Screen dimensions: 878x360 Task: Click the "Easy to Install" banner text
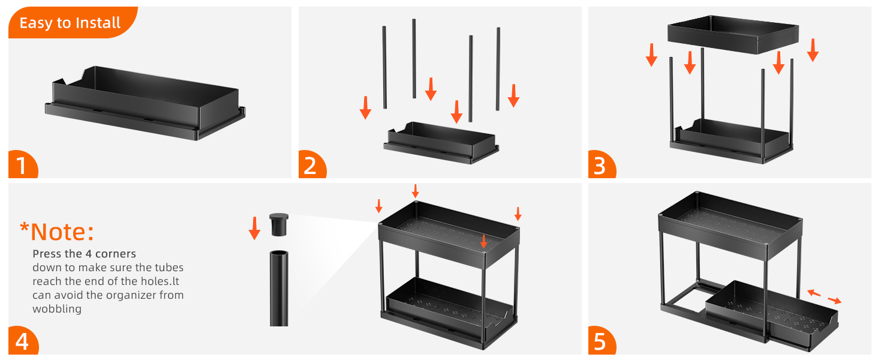(70, 23)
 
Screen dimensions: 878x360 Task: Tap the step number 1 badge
(23, 165)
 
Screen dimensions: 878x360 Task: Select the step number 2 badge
(312, 165)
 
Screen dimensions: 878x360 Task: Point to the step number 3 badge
(602, 165)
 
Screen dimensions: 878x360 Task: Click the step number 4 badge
(23, 340)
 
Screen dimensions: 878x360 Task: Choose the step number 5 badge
(602, 340)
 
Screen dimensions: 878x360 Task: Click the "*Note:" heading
(57, 232)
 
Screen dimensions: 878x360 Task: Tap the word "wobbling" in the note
(57, 309)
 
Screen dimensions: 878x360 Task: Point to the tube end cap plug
(279, 224)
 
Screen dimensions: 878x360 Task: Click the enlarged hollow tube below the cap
(279, 288)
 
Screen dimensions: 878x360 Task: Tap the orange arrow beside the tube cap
(254, 228)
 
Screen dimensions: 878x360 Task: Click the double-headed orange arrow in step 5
(824, 297)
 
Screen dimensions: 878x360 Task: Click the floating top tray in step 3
(733, 35)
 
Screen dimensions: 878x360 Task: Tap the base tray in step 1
(145, 103)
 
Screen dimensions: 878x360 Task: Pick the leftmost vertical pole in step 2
(384, 67)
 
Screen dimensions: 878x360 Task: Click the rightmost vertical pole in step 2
(498, 69)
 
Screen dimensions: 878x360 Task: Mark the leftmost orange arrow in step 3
(651, 55)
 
